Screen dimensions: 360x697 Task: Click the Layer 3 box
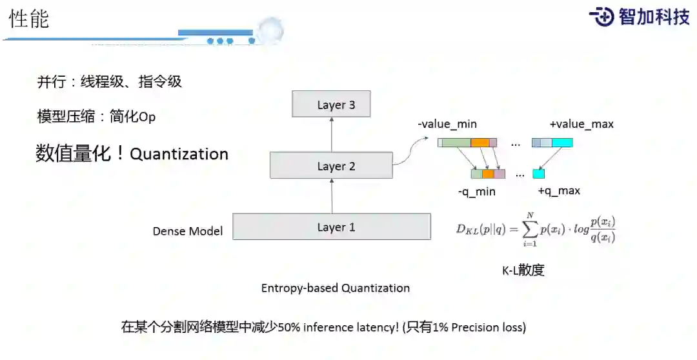(332, 105)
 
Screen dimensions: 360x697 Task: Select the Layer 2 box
(331, 166)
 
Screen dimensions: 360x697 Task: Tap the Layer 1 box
(332, 227)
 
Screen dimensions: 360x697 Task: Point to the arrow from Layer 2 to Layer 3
(332, 134)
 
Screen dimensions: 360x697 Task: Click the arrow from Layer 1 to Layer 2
(332, 196)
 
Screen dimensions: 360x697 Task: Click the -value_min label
(447, 124)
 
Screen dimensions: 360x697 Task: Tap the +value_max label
(581, 124)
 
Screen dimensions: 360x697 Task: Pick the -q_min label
(476, 191)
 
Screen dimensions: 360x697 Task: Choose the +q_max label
(558, 191)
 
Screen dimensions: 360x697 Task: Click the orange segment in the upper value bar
(480, 143)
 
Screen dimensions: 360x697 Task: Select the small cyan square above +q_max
(539, 174)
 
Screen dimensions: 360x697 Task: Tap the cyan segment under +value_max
(562, 143)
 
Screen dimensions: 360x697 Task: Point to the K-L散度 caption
(523, 270)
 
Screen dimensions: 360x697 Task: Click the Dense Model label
(188, 231)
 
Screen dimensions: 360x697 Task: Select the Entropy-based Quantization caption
(335, 288)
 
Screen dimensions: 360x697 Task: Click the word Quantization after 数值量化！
(179, 154)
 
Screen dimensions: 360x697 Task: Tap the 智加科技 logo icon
(601, 17)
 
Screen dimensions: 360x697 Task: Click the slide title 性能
(29, 19)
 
